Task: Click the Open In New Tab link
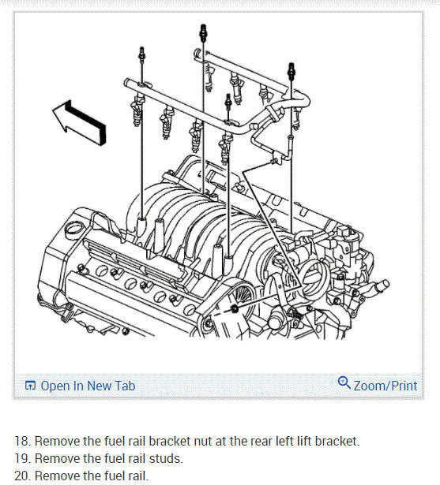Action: pyautogui.click(x=88, y=386)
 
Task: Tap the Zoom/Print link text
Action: pyautogui.click(x=385, y=386)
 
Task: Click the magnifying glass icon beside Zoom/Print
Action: pyautogui.click(x=344, y=382)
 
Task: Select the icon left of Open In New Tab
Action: pyautogui.click(x=30, y=386)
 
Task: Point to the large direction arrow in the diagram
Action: pyautogui.click(x=79, y=122)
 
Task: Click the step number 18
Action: pyautogui.click(x=23, y=441)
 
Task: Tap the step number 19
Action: pyautogui.click(x=23, y=458)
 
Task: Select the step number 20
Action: pyautogui.click(x=23, y=476)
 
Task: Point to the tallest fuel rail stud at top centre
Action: pyautogui.click(x=203, y=33)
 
